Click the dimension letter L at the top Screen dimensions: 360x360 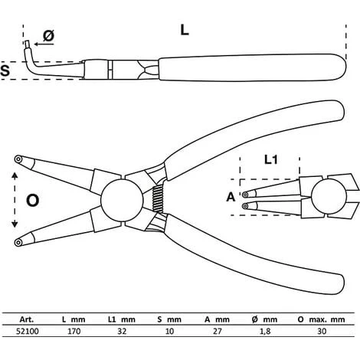(185, 30)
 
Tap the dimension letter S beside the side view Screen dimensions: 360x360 (5, 70)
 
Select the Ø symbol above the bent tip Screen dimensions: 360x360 (48, 35)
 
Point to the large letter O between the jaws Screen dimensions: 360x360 (33, 201)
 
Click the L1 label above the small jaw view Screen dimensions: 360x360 (270, 160)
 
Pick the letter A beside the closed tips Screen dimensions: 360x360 (231, 197)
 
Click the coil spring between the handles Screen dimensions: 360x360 (158, 198)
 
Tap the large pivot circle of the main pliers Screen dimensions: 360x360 (122, 200)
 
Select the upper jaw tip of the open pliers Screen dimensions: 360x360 (18, 159)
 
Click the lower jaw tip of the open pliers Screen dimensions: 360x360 (18, 242)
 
